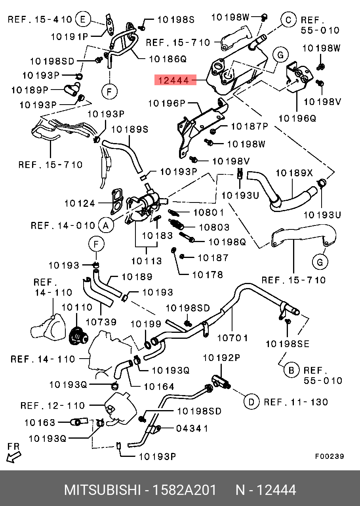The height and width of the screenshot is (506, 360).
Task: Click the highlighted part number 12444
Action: click(x=173, y=80)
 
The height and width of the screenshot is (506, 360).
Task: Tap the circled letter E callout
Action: click(x=83, y=19)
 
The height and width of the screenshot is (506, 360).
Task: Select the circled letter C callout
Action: click(x=288, y=19)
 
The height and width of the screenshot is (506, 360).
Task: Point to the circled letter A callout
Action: click(x=105, y=225)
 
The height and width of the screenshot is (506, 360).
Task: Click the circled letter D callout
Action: click(x=251, y=402)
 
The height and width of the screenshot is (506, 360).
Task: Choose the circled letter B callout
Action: click(x=291, y=370)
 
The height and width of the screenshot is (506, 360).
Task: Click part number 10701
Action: click(x=233, y=338)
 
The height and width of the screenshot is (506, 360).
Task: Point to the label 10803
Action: click(x=214, y=227)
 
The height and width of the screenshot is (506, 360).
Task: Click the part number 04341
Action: click(x=192, y=428)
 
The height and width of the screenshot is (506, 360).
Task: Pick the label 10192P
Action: click(x=221, y=358)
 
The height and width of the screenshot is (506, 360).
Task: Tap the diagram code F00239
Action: click(x=330, y=456)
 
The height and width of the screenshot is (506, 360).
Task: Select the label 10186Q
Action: click(x=168, y=59)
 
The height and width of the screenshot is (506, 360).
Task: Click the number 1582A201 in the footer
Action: click(x=185, y=490)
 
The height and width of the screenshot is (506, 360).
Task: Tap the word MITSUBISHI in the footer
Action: click(x=102, y=490)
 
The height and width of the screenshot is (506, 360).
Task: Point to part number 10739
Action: click(x=101, y=322)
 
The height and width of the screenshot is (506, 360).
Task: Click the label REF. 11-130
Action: click(x=296, y=402)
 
